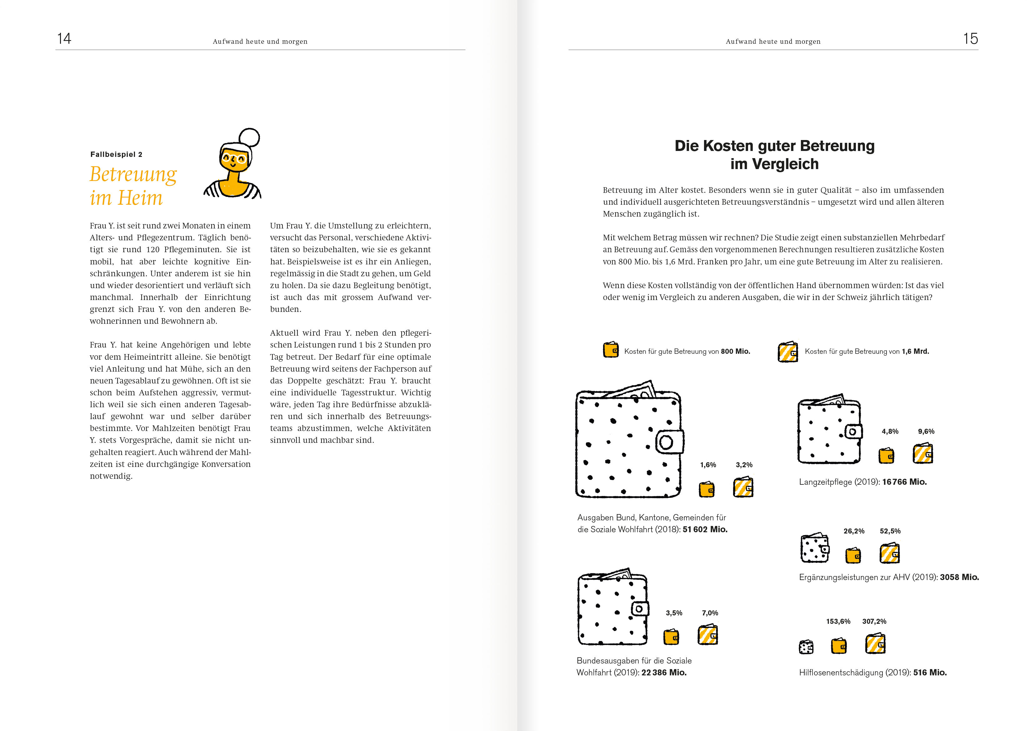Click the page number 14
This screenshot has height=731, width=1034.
pyautogui.click(x=64, y=39)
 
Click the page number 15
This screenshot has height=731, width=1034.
pyautogui.click(x=971, y=39)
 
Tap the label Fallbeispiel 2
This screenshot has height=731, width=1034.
pyautogui.click(x=116, y=154)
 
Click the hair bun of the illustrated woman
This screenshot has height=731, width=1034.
pyautogui.click(x=249, y=138)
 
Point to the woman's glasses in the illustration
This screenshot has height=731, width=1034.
pyautogui.click(x=234, y=158)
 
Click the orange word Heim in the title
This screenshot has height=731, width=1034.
pyautogui.click(x=140, y=198)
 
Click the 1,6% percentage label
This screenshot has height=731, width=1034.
pyautogui.click(x=708, y=465)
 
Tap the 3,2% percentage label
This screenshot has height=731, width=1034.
pyautogui.click(x=744, y=465)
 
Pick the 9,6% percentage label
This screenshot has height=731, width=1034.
pyautogui.click(x=926, y=432)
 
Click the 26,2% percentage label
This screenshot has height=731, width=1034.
pyautogui.click(x=854, y=531)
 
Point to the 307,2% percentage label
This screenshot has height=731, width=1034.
pyautogui.click(x=874, y=622)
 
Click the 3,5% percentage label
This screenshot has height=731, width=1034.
pyautogui.click(x=674, y=613)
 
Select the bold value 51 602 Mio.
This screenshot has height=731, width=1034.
pyautogui.click(x=705, y=530)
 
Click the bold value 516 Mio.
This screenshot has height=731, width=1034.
pyautogui.click(x=930, y=673)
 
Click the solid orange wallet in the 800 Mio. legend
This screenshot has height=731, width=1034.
pyautogui.click(x=611, y=350)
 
